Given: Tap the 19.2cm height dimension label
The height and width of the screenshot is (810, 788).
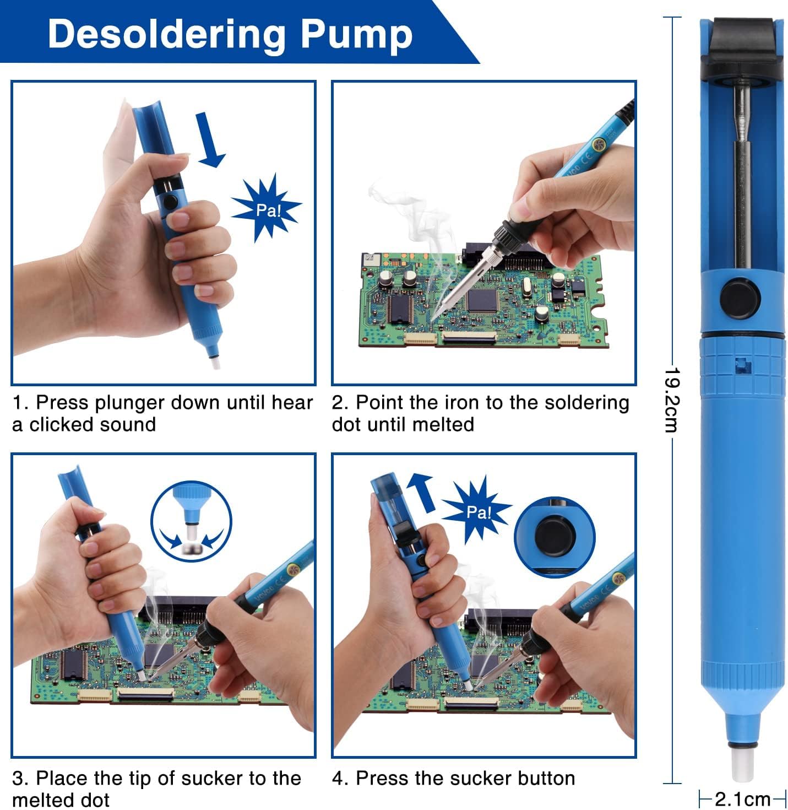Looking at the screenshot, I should click(672, 399).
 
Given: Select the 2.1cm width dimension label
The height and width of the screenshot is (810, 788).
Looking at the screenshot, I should click(742, 798).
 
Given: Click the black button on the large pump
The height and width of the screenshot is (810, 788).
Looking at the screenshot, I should click(741, 299).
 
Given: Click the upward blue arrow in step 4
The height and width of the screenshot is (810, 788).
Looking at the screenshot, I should click(422, 492).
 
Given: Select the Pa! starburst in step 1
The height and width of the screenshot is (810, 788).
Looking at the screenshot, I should click(267, 209).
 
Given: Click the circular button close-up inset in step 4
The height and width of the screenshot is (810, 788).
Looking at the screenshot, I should click(555, 537).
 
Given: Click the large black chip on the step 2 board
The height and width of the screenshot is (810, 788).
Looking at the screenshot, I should click(482, 299).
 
